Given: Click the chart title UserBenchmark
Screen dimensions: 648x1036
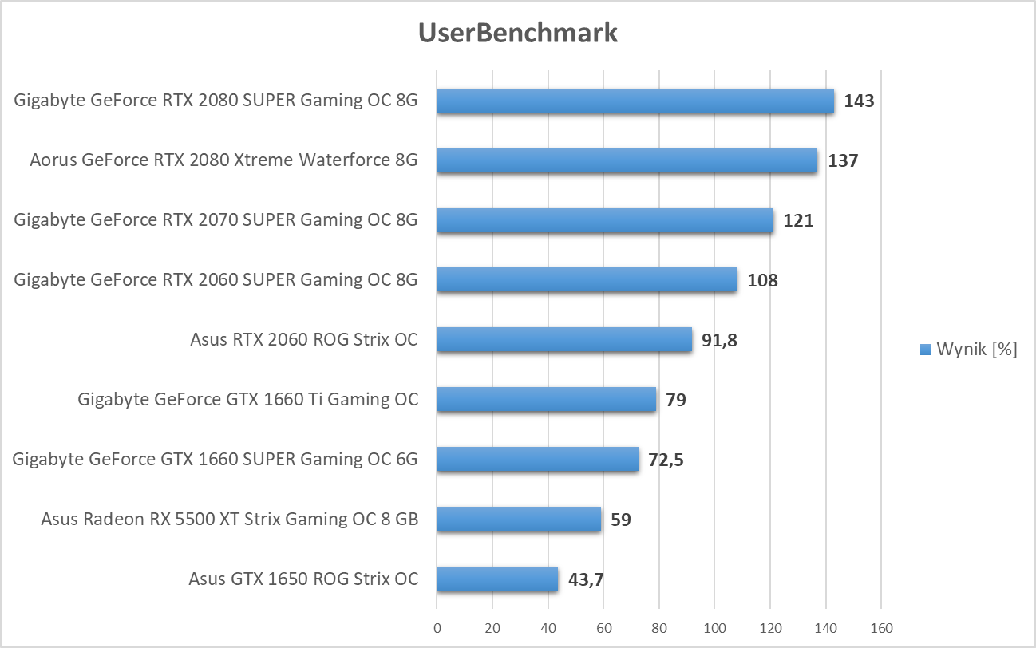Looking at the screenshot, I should coord(518,33).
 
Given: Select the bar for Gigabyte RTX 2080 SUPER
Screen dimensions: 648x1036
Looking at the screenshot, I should coord(635,101).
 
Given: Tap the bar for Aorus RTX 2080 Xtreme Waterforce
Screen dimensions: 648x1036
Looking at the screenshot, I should coord(627,160).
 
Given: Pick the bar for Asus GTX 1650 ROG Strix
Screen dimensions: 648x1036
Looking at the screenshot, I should coord(497,579).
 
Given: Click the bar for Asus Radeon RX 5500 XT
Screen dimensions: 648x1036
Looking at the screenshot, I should coord(519,520).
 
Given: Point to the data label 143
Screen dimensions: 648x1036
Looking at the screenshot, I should coord(860,101).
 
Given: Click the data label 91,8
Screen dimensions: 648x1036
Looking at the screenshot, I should coord(719,340).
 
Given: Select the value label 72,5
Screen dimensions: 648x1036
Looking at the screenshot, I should coord(666,460).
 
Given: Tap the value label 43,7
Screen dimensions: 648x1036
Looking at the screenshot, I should coord(585,579).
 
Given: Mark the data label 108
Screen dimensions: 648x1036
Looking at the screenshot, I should coord(762,280).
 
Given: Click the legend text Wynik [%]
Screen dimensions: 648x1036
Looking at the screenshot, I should coord(976,350).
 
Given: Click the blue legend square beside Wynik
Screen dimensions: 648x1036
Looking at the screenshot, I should coord(926,350).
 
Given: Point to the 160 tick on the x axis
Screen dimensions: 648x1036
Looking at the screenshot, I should coord(880,627).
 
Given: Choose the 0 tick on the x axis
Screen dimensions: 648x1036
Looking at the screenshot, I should coord(437,627).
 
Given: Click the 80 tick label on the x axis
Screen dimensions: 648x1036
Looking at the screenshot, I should coord(658,627).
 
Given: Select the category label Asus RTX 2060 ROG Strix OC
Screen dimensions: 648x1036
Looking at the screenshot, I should coord(303,339).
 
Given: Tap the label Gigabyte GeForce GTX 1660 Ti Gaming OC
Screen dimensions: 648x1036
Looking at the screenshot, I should coord(247,399).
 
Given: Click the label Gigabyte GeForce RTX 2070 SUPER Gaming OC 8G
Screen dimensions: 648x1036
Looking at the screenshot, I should coord(216,219).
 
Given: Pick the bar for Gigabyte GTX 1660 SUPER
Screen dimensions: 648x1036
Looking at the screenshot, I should coord(537,460).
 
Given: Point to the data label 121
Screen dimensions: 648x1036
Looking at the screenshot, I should coord(798,221).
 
